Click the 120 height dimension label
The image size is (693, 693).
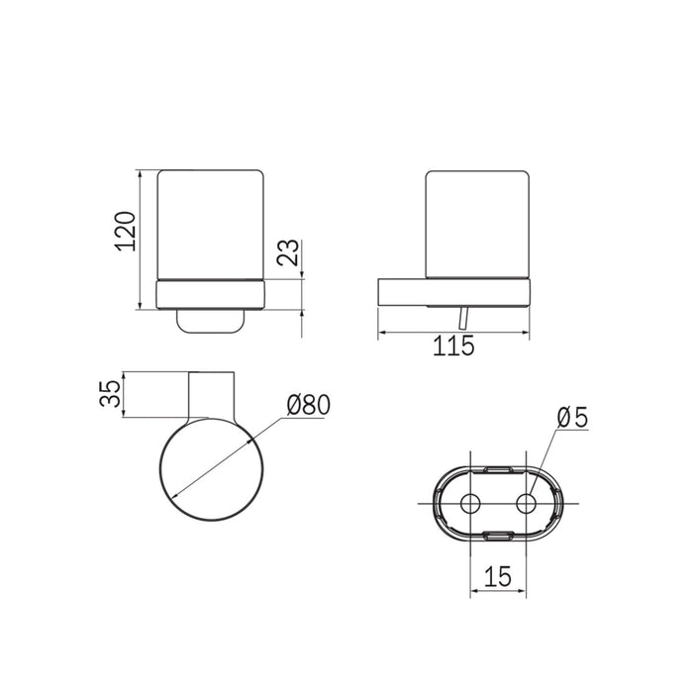coord(125,232)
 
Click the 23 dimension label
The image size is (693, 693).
coord(288,251)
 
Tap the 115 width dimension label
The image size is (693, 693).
coord(453,346)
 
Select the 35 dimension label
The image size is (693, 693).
coord(110,393)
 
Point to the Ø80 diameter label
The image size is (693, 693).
coord(308,405)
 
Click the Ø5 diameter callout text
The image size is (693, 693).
coord(572,418)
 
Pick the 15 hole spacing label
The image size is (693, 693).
coord(498,576)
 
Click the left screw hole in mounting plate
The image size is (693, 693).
coord(470,503)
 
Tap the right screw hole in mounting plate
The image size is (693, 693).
coord(526,503)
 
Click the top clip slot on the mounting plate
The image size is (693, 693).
coord(498,469)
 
